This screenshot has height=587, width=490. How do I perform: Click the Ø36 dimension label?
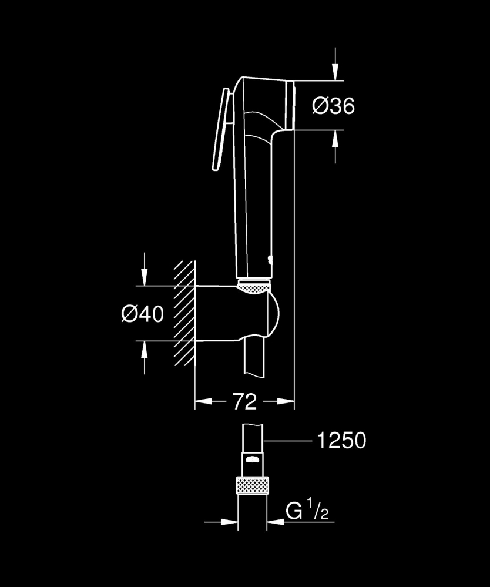[334, 106]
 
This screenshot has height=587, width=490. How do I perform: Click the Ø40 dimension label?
[143, 314]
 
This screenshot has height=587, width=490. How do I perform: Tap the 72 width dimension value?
[245, 402]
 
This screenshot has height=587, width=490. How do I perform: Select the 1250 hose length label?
[341, 440]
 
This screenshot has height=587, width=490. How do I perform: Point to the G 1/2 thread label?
[307, 512]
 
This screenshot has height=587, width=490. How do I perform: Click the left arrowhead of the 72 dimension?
[202, 402]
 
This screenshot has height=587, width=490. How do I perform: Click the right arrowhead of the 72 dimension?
[286, 402]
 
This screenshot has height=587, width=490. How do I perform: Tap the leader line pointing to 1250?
[288, 440]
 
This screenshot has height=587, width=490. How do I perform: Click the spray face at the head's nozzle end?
[290, 105]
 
